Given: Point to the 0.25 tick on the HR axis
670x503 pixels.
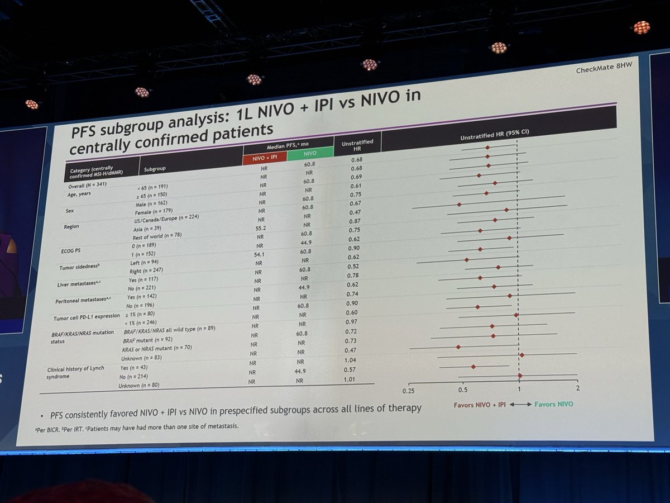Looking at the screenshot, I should tap(409, 390).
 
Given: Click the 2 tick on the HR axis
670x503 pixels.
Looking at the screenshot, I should tap(577, 388).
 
